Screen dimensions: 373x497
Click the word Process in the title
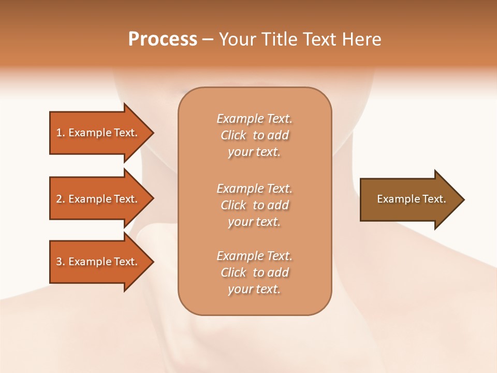click(163, 39)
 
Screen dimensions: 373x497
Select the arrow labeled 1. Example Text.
click(98, 133)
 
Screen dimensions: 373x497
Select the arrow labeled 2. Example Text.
click(98, 199)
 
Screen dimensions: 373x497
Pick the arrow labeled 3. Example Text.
click(98, 262)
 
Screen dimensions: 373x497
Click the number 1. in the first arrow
click(60, 133)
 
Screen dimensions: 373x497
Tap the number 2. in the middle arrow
click(60, 199)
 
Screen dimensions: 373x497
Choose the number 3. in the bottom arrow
click(60, 262)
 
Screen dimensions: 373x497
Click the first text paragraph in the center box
click(254, 135)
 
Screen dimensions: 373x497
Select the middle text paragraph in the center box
click(254, 205)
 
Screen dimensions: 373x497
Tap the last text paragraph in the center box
click(254, 272)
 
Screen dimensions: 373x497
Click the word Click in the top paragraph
click(233, 135)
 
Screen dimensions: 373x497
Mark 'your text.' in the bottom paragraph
click(254, 289)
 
